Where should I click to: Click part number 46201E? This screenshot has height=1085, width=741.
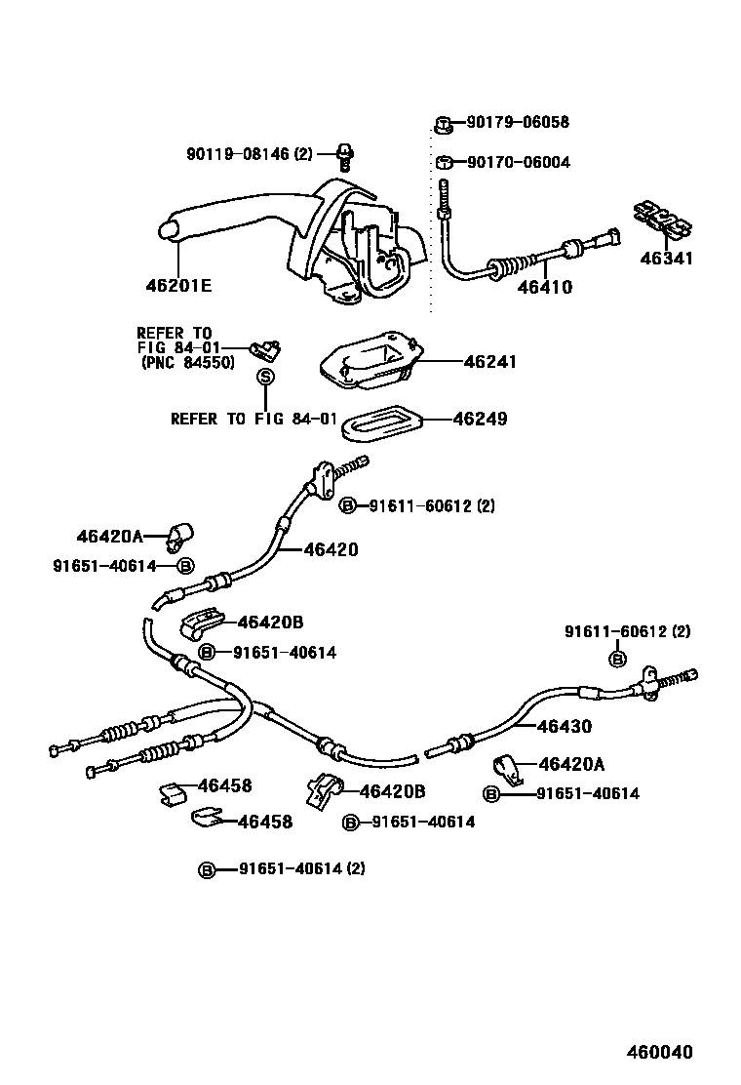[178, 286]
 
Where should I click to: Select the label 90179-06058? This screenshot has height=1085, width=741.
[517, 123]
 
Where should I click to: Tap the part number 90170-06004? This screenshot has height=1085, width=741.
[518, 162]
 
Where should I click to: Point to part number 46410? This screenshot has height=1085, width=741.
[544, 288]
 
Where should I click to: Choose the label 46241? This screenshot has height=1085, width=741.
[489, 361]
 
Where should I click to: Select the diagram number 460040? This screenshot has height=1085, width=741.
[658, 1053]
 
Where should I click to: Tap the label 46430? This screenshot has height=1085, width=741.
[564, 727]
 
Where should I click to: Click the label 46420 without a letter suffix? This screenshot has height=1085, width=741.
[331, 549]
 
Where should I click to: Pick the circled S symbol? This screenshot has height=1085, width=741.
[263, 378]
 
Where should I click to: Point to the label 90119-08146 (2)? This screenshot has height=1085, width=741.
[250, 153]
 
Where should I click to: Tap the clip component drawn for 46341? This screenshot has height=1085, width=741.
[663, 220]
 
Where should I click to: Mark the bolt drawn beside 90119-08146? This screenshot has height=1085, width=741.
[343, 152]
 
